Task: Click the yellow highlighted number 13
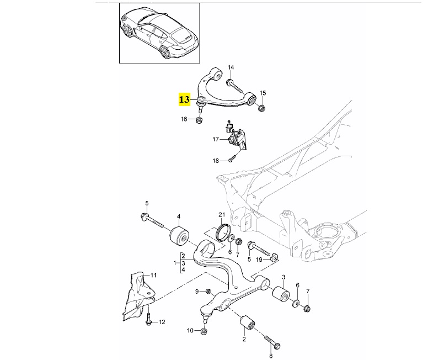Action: point(184,100)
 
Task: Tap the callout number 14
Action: point(231,67)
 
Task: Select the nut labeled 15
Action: point(263,107)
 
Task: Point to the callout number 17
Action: point(216,140)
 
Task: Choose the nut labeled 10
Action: point(203,331)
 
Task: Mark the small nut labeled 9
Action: point(208,291)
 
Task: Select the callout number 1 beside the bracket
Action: point(176,263)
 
